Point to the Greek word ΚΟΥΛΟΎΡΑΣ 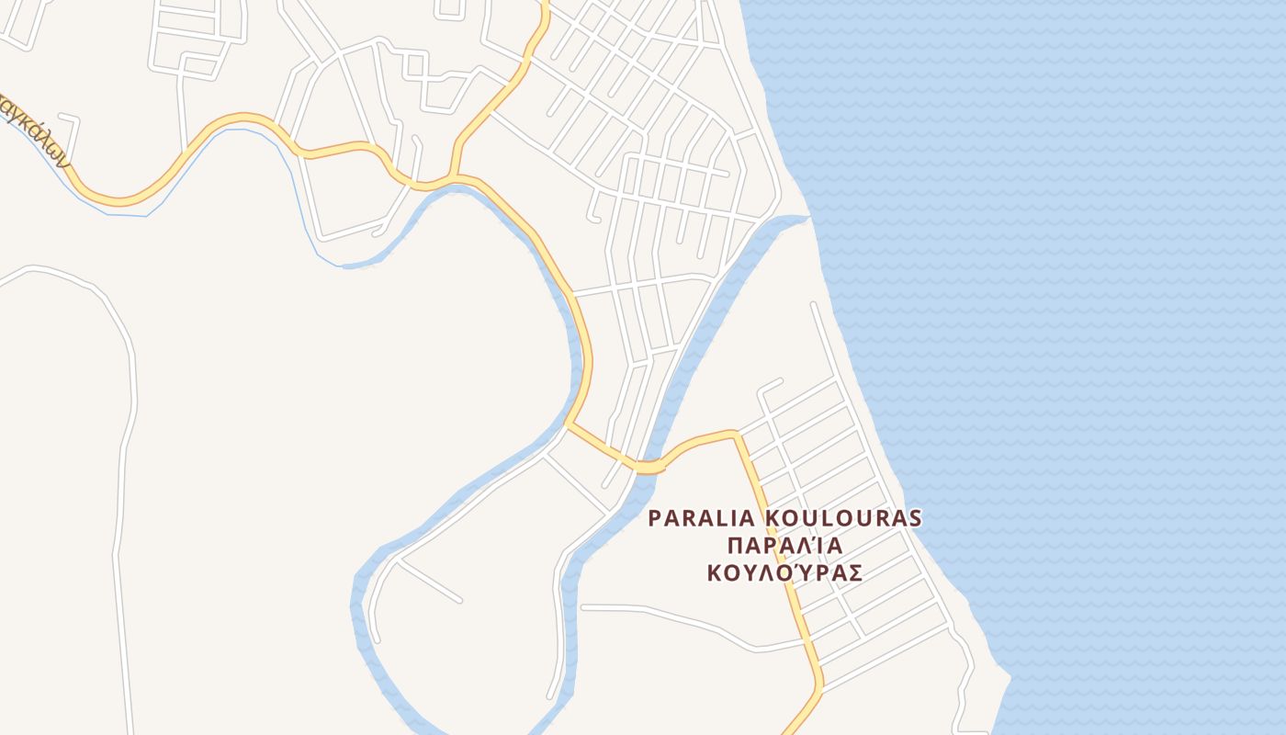[784, 573]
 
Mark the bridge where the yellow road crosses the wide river [649, 468]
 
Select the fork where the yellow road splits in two [453, 175]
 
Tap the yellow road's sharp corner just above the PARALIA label [736, 433]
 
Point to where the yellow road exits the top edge [545, 4]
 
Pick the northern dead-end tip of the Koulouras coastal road [813, 304]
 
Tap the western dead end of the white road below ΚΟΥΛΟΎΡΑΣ [584, 606]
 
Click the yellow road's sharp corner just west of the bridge [570, 424]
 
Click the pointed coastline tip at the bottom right [1010, 680]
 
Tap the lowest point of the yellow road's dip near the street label [115, 201]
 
